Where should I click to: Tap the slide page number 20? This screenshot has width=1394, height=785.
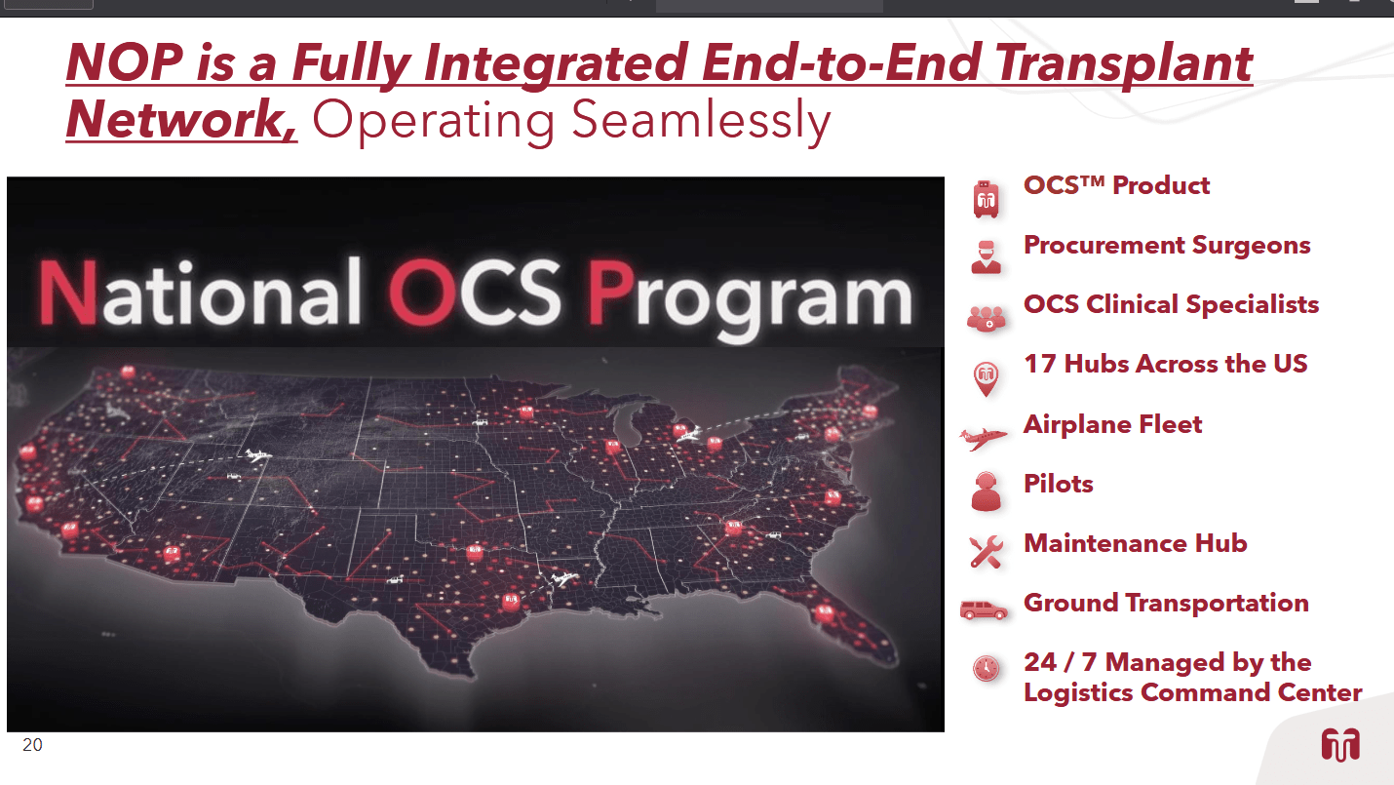point(32,745)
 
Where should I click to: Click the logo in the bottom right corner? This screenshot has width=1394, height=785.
point(1340,745)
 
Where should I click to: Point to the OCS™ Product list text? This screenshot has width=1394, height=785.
point(1116,185)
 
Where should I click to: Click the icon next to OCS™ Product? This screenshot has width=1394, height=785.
point(987,199)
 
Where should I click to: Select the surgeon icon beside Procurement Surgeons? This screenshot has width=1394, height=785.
point(987,256)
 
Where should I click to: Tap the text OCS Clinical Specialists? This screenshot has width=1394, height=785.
point(1171,304)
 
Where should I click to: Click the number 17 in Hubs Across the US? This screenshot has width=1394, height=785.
point(1039,364)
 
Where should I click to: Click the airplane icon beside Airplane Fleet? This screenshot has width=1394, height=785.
point(984,438)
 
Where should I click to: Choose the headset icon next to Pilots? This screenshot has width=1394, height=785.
point(987,491)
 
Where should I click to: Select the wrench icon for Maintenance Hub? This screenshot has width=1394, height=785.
point(986,551)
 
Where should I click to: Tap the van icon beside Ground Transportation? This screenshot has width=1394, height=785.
point(984,610)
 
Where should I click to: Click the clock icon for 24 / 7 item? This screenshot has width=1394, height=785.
point(987,668)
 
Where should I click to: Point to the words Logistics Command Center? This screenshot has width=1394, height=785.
point(1192,692)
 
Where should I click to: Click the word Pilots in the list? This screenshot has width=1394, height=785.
point(1058,484)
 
